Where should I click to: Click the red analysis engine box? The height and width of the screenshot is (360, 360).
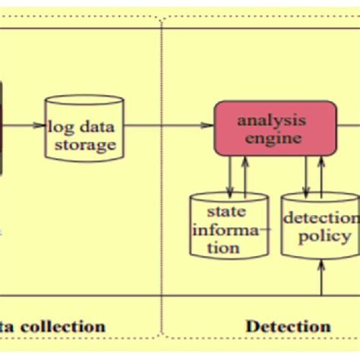pos(274,128)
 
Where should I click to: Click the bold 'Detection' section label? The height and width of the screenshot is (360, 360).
pos(289,327)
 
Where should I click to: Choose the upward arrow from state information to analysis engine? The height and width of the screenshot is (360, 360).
pos(245,175)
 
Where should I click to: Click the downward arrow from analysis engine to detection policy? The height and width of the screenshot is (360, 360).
pos(306,175)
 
